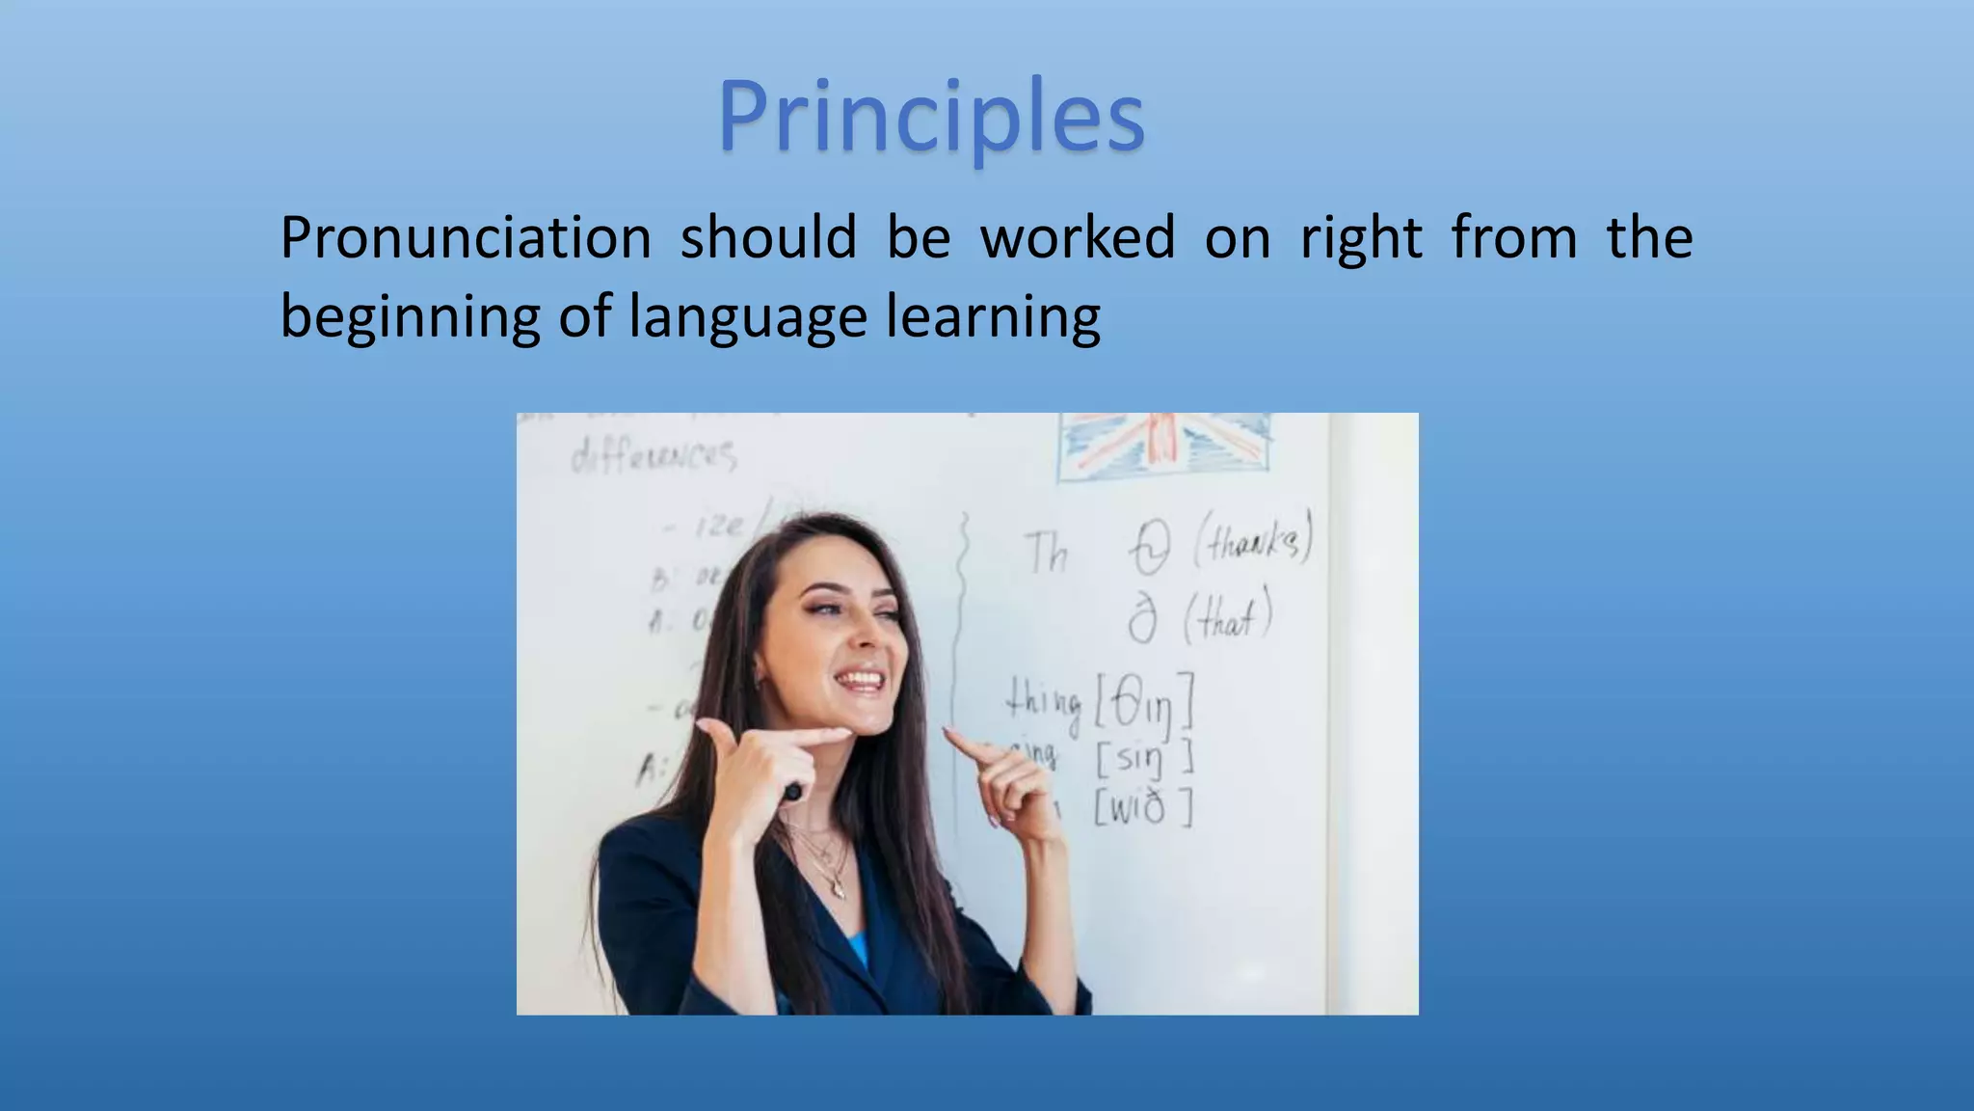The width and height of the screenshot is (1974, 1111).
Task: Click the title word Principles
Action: pos(931,118)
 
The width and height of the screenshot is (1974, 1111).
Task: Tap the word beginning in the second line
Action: pos(410,316)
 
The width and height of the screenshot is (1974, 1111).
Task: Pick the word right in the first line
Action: pos(1361,239)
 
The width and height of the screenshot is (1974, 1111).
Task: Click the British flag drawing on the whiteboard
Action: pos(1164,446)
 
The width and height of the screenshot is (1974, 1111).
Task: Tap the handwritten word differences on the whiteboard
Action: pos(654,454)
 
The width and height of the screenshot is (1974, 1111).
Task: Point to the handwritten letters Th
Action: pos(1047,554)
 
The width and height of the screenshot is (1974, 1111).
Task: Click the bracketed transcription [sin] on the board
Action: pos(1144,759)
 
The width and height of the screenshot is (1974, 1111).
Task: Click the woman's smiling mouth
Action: pos(861,681)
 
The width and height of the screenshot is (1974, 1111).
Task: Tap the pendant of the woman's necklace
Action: pos(838,888)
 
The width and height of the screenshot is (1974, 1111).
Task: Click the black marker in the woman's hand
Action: pos(792,792)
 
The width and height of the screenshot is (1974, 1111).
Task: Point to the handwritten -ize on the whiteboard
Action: pos(717,527)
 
